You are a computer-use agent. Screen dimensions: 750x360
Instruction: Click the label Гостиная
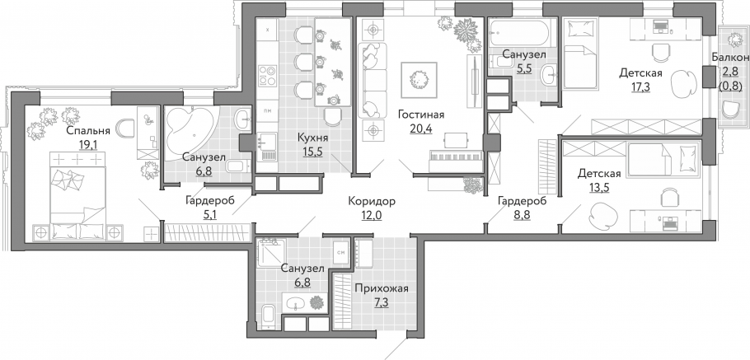421,115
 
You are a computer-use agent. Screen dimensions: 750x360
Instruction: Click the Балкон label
730,58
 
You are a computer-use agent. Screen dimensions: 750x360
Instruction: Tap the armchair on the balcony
731,110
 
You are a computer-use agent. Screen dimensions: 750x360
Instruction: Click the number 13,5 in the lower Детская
599,186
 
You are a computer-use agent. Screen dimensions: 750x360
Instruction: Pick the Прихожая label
382,288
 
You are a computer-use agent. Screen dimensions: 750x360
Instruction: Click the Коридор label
372,202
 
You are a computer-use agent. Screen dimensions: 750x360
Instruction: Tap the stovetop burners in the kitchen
267,76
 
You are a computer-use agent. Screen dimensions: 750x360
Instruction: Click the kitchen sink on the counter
267,147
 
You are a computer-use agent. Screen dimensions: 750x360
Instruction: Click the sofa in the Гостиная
373,80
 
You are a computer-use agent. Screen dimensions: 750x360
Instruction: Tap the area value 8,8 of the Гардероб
522,213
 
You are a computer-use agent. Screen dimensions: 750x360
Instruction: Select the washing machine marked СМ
341,251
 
